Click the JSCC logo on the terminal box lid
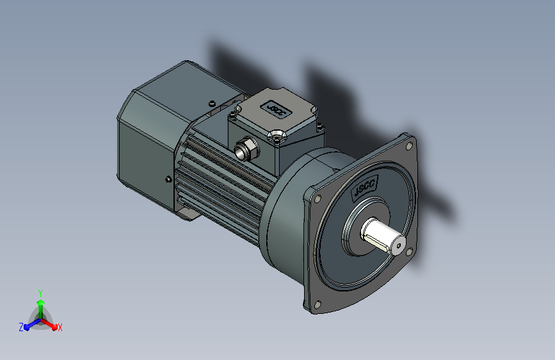pos(276,109)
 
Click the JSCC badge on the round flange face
pos(365,186)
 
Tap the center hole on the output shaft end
pos(399,245)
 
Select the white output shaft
pos(383,235)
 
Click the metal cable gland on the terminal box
pos(246,149)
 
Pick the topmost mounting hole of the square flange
pos(410,145)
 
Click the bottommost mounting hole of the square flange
pos(318,304)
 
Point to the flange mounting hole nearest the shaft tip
pos(409,252)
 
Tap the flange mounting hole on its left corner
pos(318,199)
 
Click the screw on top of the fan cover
pos(212,104)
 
